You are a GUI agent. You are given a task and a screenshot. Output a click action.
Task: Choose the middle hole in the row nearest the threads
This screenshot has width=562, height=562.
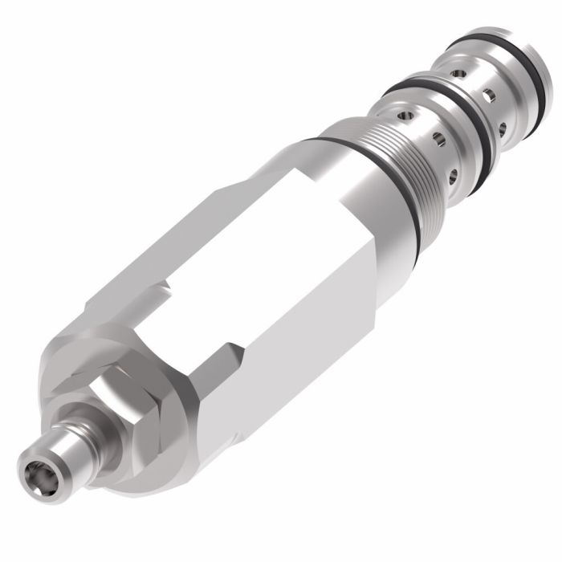coord(439,141)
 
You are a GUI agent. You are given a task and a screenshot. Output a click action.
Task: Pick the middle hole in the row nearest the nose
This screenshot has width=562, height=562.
coord(487,96)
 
